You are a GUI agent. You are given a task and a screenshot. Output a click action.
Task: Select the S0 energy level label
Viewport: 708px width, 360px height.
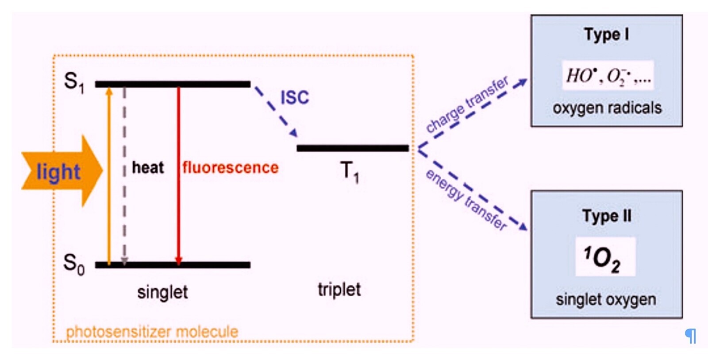click(x=73, y=264)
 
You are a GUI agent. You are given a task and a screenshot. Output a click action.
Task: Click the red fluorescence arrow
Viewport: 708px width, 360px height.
click(x=178, y=177)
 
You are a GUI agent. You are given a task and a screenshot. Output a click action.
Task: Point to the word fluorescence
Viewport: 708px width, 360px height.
click(x=230, y=167)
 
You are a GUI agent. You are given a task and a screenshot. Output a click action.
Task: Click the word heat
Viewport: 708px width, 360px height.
click(x=148, y=167)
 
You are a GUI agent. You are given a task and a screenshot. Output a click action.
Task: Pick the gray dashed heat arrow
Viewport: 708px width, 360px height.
click(x=124, y=177)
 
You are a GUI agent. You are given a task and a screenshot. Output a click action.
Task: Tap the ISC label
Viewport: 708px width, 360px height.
click(x=295, y=97)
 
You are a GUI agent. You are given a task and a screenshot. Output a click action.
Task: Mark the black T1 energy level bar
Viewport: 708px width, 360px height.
click(x=353, y=148)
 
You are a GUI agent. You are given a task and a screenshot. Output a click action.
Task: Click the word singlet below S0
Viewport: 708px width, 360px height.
click(x=162, y=292)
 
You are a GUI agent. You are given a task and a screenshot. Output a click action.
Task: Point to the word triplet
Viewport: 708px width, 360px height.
click(x=339, y=290)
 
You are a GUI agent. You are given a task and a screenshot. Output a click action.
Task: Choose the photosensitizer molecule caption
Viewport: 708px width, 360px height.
click(x=152, y=331)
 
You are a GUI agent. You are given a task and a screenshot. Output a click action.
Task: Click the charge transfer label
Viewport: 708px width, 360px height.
click(x=467, y=105)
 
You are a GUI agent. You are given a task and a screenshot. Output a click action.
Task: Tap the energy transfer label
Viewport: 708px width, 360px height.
click(x=466, y=199)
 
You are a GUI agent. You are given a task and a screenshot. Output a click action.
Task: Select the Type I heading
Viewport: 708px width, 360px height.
click(x=606, y=35)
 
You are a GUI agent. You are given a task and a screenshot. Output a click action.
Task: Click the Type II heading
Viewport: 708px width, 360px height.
click(x=607, y=216)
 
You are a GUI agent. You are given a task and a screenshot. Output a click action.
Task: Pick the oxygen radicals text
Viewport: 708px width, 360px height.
click(x=607, y=108)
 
